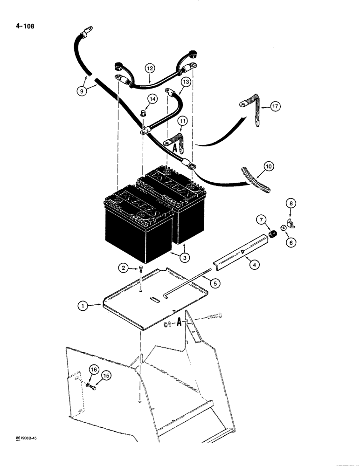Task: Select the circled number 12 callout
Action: (x=149, y=69)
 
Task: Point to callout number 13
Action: (x=186, y=82)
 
